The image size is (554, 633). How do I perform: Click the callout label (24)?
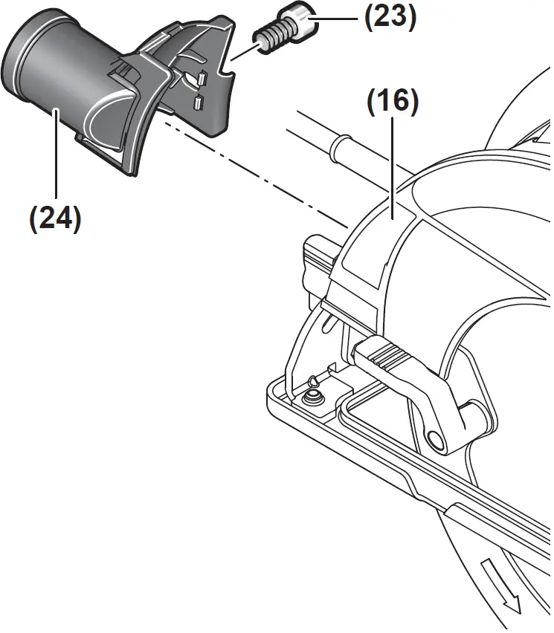tap(54, 219)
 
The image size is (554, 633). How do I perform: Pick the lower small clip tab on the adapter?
tap(198, 103)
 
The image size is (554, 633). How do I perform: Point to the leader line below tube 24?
tap(55, 156)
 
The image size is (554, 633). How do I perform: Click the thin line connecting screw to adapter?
tap(243, 51)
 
